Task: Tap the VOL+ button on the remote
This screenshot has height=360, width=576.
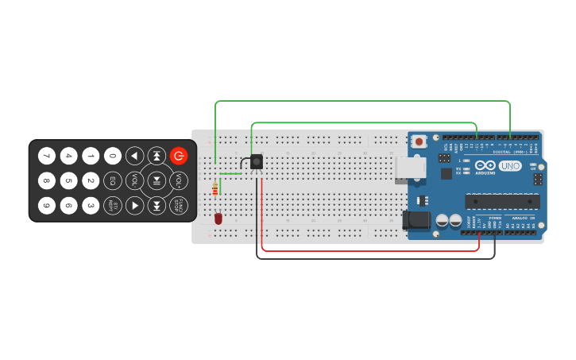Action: (x=180, y=180)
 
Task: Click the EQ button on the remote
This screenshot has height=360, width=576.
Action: (x=113, y=180)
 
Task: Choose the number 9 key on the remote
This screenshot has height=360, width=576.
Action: (x=47, y=206)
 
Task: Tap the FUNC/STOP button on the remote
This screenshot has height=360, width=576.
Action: (x=180, y=206)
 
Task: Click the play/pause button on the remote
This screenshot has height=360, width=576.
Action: (x=157, y=180)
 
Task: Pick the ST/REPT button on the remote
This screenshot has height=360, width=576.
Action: (x=113, y=206)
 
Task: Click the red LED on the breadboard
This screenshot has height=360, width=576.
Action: (x=218, y=218)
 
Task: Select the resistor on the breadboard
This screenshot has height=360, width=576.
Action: (x=215, y=189)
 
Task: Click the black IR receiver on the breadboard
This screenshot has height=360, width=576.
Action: (x=256, y=162)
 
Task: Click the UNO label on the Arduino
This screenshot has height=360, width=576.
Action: (x=510, y=166)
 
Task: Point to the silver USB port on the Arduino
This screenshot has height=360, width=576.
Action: (x=411, y=168)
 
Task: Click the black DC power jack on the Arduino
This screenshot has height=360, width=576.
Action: (x=417, y=220)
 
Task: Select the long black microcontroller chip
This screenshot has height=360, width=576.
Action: (x=502, y=201)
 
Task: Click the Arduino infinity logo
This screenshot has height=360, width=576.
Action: (x=485, y=165)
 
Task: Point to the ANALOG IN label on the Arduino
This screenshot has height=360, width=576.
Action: (x=521, y=218)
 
